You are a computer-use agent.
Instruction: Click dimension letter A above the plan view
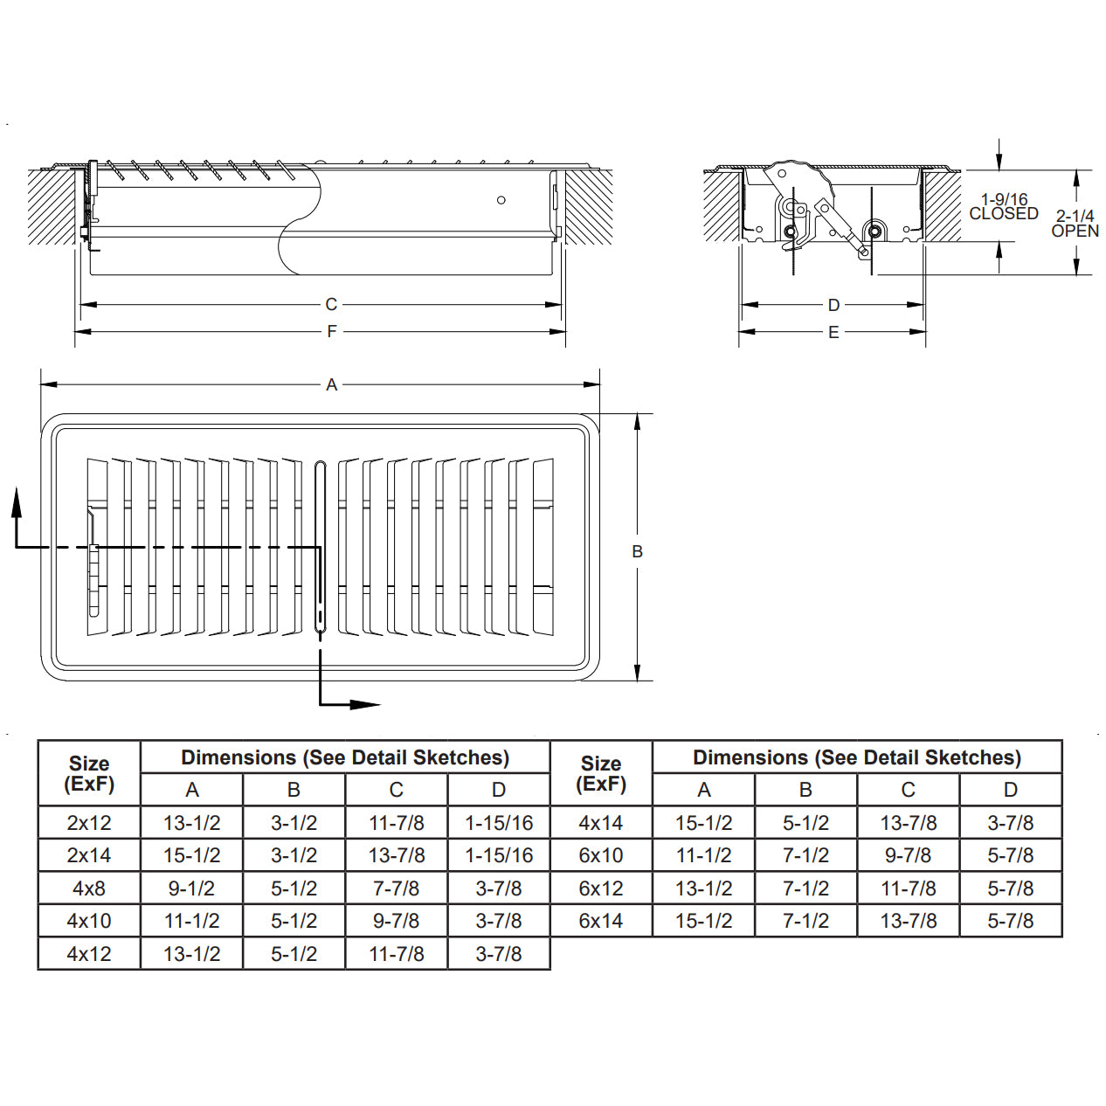tap(331, 384)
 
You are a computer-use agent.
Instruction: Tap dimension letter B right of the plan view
tap(638, 551)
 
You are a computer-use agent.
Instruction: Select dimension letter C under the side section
tap(331, 304)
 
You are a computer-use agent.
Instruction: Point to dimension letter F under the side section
tap(331, 331)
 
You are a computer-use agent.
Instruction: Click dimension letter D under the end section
tap(833, 305)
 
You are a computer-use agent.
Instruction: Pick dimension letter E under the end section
tap(833, 332)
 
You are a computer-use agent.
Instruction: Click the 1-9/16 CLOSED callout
tap(1004, 207)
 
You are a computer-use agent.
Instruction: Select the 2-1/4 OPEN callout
tap(1075, 224)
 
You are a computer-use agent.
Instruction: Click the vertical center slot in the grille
tap(320, 546)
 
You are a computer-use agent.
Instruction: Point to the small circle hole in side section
tap(501, 200)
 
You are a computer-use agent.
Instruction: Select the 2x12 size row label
tap(89, 823)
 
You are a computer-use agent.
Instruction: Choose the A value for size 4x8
tap(191, 888)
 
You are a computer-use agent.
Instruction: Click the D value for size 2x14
tap(498, 855)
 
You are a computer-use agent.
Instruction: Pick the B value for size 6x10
tap(805, 855)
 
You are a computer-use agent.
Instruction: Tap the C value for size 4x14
tap(908, 823)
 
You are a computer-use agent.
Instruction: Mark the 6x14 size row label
tap(601, 921)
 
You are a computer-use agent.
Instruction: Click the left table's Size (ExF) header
tap(89, 773)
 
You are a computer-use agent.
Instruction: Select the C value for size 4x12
tap(396, 954)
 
